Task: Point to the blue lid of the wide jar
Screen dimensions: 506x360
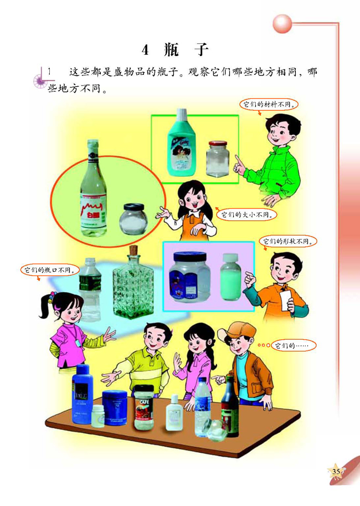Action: click(x=190, y=258)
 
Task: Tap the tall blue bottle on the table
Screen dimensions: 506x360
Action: click(x=82, y=394)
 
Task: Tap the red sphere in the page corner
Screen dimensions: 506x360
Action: click(x=282, y=23)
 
